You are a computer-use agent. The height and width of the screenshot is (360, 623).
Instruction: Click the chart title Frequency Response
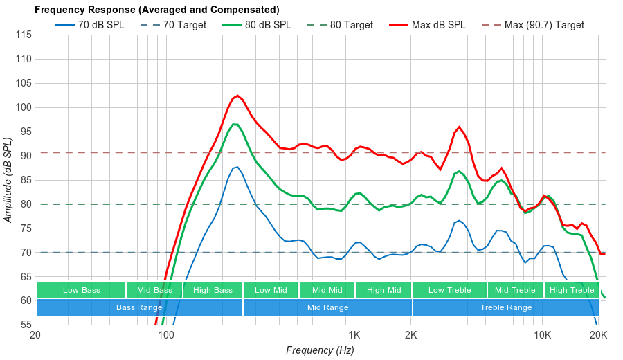click(x=156, y=10)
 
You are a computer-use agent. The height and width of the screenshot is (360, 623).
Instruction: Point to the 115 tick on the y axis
click(x=23, y=35)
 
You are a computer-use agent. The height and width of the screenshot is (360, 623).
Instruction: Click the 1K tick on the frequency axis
click(x=354, y=336)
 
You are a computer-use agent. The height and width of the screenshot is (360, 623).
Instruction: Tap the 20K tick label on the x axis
click(x=598, y=336)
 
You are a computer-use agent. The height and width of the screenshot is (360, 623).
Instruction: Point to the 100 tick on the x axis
click(x=166, y=336)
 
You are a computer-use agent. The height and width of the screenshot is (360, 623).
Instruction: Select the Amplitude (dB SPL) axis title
click(x=8, y=179)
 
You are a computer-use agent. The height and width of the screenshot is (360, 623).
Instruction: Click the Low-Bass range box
click(x=82, y=290)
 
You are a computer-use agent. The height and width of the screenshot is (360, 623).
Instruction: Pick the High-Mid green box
click(x=383, y=290)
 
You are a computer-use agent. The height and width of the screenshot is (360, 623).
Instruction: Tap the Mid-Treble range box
click(x=515, y=290)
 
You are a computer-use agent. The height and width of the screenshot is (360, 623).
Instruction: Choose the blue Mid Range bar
click(x=327, y=307)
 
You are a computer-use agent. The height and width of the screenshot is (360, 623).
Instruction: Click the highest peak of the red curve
click(x=237, y=96)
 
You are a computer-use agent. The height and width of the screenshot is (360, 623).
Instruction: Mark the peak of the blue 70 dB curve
click(x=237, y=167)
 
